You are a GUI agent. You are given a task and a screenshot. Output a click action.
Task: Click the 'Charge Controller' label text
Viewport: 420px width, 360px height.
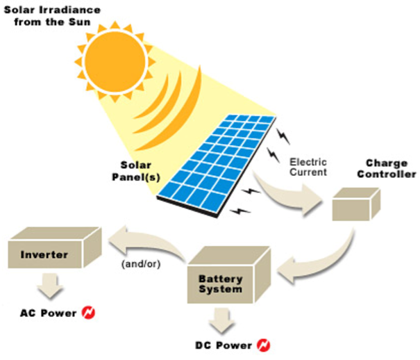385,169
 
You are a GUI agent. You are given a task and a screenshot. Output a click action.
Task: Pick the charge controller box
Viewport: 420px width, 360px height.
354,205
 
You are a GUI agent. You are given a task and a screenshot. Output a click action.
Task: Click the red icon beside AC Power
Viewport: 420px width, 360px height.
88,313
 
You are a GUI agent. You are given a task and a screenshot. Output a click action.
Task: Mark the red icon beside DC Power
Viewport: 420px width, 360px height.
264,344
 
